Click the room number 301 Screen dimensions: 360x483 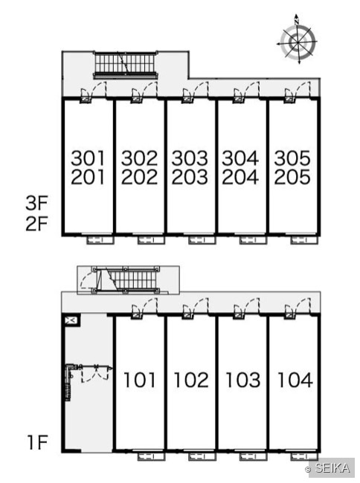pos(88,158)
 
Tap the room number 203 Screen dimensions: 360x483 pos(190,177)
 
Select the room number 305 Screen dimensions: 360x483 pos(292,158)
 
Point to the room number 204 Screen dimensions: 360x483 pos(240,177)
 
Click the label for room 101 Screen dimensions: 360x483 pos(140,380)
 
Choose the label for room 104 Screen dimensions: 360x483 pos(295,380)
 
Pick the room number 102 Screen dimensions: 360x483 pos(191,380)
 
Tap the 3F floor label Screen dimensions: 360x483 pos(36,203)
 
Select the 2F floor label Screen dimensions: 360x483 pos(36,224)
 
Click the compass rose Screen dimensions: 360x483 pos(298,41)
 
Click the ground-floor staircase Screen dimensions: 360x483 pos(126,279)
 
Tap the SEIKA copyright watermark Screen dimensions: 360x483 pos(327,468)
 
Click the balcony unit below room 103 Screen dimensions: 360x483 pos(253,456)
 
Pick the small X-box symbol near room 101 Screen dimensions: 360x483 pos(71,320)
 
